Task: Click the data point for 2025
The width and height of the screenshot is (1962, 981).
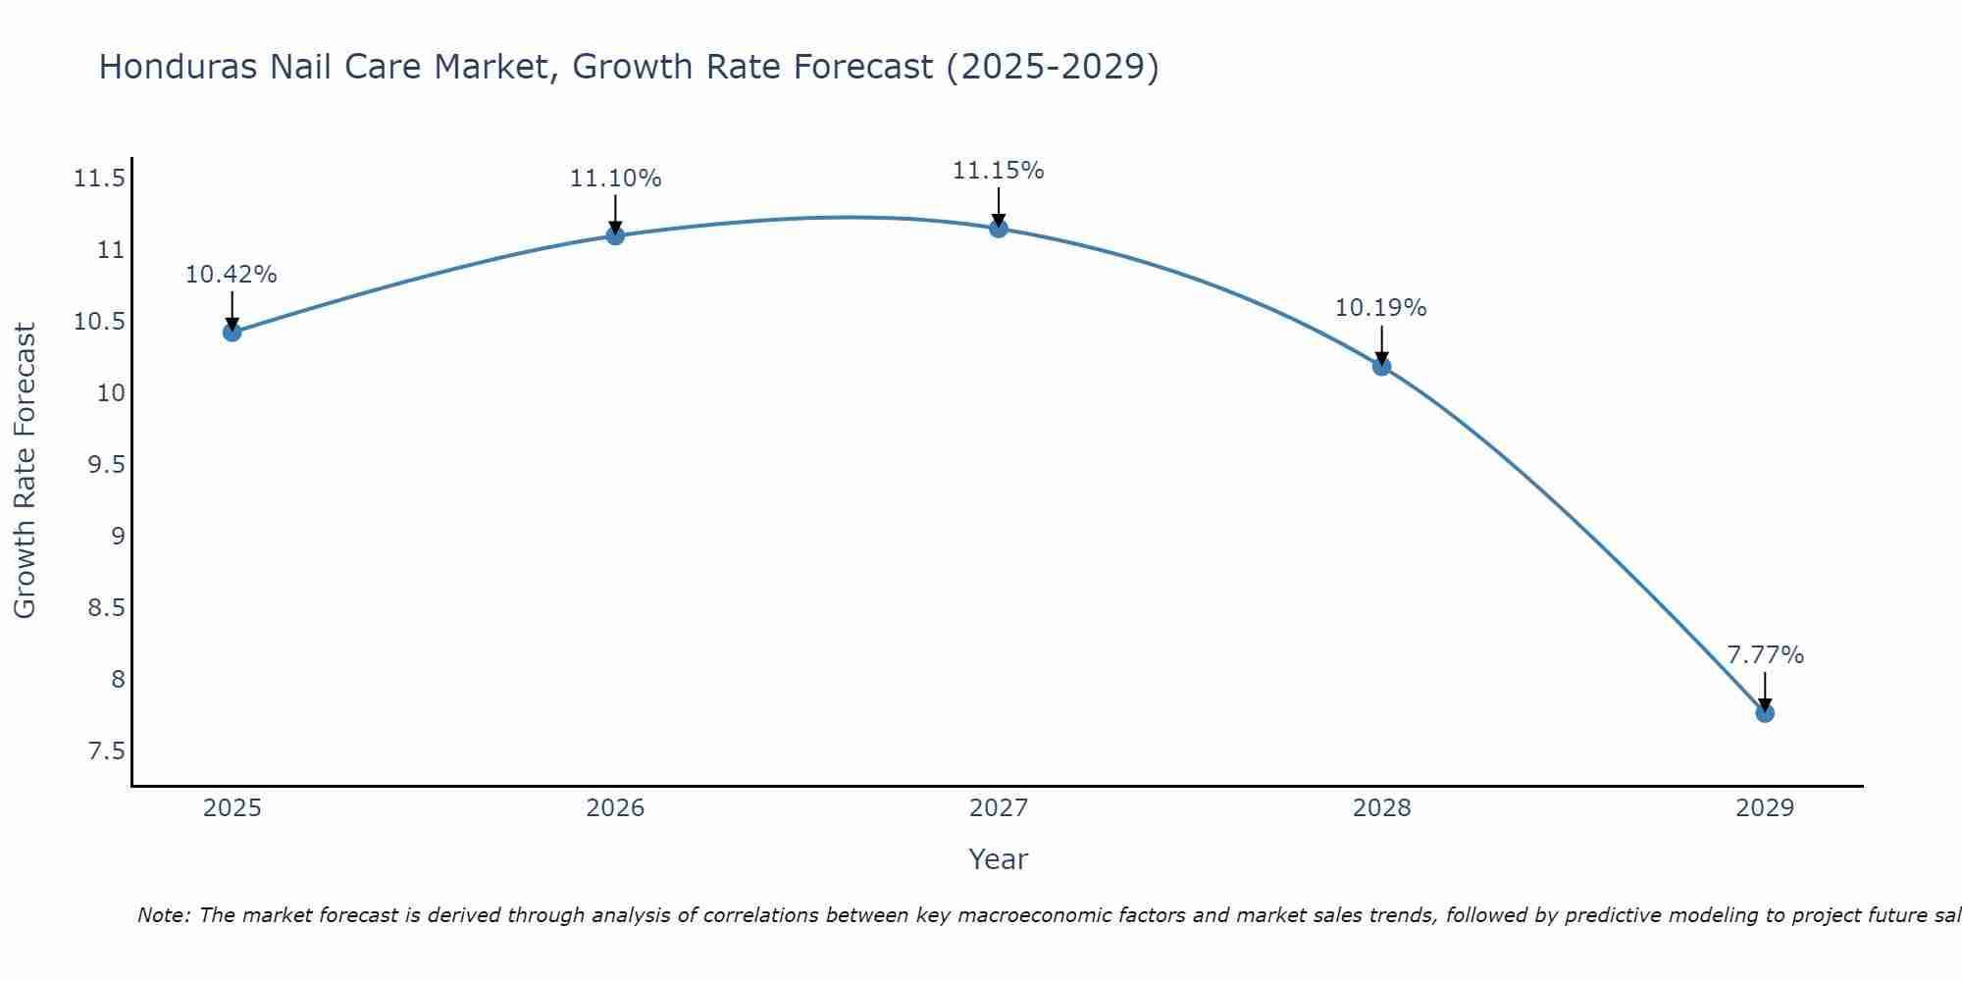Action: (x=232, y=333)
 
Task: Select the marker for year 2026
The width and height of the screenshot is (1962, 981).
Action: (x=615, y=235)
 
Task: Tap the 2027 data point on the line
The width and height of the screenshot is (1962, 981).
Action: (x=999, y=229)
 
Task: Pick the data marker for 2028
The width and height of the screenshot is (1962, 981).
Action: (x=1381, y=367)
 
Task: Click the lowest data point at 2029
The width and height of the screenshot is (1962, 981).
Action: (x=1765, y=713)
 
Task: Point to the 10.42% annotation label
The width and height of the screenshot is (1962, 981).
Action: (x=232, y=275)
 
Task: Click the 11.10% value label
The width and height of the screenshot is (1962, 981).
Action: (x=615, y=179)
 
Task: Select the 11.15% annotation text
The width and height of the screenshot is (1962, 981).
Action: (x=999, y=171)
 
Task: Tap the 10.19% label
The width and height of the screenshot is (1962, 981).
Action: (x=1381, y=308)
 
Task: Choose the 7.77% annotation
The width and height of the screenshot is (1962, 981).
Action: (x=1765, y=655)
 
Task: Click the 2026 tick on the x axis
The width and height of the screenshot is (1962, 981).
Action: (x=615, y=808)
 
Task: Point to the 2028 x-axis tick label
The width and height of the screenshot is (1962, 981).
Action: (x=1381, y=808)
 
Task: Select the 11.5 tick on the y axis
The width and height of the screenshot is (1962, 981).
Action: (x=99, y=179)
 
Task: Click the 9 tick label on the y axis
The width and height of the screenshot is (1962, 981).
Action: (x=118, y=537)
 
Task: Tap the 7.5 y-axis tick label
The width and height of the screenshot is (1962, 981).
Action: (x=106, y=751)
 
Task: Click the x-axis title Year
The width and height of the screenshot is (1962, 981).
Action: (x=999, y=859)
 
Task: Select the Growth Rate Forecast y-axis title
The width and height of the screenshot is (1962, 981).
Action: (x=26, y=471)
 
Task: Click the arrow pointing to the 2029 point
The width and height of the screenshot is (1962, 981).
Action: (x=1765, y=692)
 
